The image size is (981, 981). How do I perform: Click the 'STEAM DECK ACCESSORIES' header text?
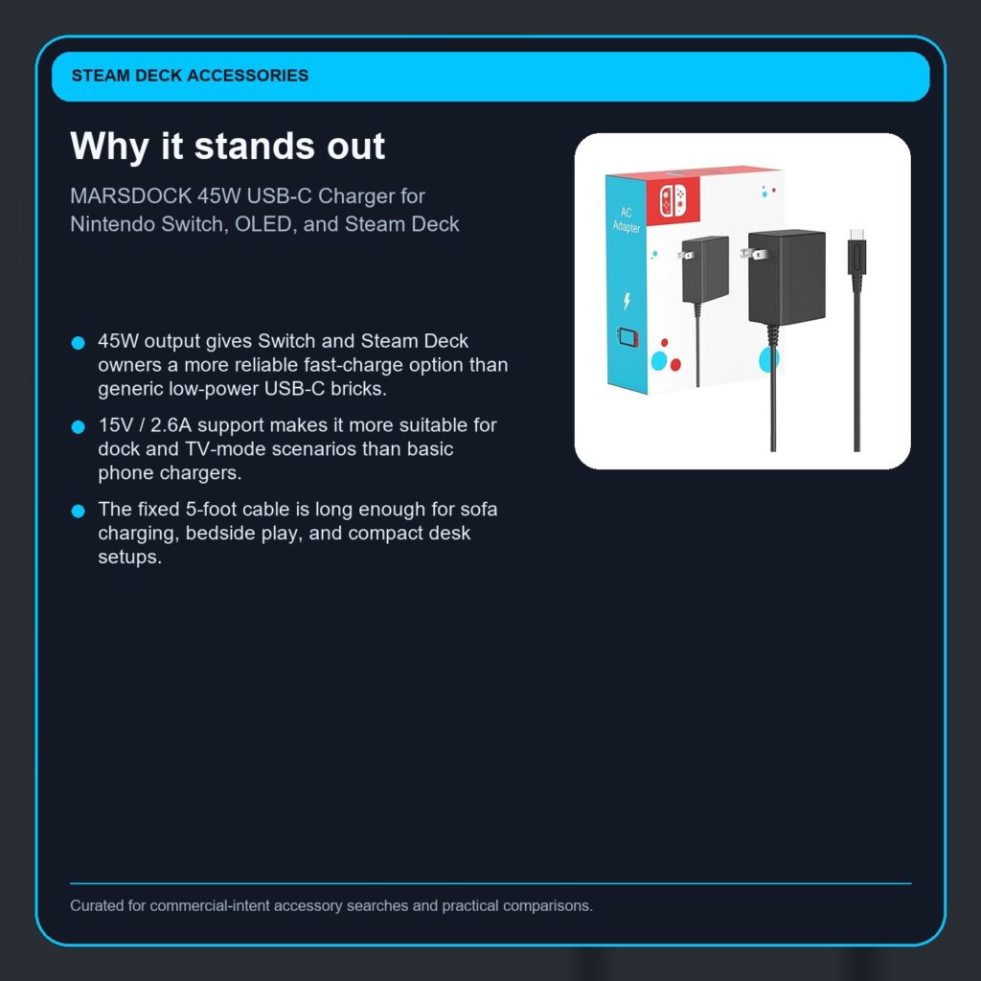190,76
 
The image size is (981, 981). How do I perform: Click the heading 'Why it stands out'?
228,147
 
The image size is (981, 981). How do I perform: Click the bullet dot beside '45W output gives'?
79,343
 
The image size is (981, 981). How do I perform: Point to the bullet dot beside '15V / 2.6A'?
79,427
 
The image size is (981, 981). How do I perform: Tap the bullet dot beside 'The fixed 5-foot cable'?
79,512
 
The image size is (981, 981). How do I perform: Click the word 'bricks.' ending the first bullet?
355,389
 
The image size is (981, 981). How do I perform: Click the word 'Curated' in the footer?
95,905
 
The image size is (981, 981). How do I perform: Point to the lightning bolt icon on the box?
627,301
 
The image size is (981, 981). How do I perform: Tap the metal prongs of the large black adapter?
754,254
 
